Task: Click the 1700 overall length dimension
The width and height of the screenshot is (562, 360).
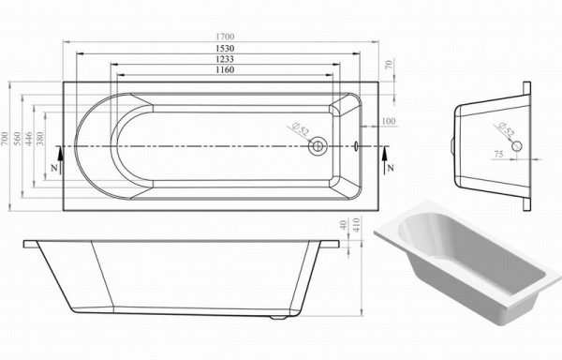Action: point(225,37)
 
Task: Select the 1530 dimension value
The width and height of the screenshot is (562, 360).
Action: point(225,49)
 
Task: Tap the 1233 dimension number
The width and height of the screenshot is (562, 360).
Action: point(225,59)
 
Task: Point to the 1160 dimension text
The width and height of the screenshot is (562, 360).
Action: point(225,69)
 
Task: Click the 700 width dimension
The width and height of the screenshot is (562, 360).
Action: point(4,139)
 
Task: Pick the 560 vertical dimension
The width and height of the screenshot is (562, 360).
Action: point(17,139)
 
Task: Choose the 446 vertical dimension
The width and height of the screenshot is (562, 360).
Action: point(29,139)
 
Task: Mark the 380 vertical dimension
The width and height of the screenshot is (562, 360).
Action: point(40,139)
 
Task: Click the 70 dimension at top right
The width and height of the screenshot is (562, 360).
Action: point(390,65)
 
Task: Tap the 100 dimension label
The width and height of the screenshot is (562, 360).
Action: point(389,121)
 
